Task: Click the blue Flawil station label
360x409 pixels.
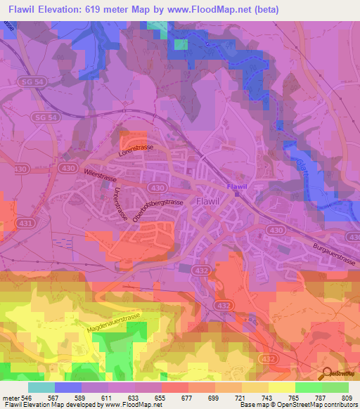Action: click(237, 186)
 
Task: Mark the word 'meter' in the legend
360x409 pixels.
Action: click(10, 397)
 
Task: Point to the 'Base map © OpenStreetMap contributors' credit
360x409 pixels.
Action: click(297, 405)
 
